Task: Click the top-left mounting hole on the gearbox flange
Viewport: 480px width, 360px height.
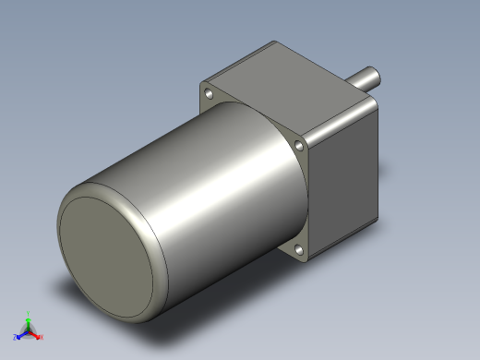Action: pyautogui.click(x=210, y=94)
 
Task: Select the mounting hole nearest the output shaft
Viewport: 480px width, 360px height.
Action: pyautogui.click(x=300, y=145)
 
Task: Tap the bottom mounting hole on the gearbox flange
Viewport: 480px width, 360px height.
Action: pyautogui.click(x=299, y=249)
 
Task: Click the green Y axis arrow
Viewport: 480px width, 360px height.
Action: pyautogui.click(x=29, y=319)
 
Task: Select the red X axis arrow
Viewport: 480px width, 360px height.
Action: pyautogui.click(x=37, y=334)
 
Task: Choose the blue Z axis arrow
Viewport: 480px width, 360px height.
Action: pyautogui.click(x=21, y=335)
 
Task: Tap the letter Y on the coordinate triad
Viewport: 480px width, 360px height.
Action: pyautogui.click(x=30, y=313)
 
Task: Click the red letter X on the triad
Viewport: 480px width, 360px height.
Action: pyautogui.click(x=42, y=337)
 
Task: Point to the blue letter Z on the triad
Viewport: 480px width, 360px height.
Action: pyautogui.click(x=16, y=338)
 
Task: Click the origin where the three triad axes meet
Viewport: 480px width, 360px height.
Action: pyautogui.click(x=29, y=330)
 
